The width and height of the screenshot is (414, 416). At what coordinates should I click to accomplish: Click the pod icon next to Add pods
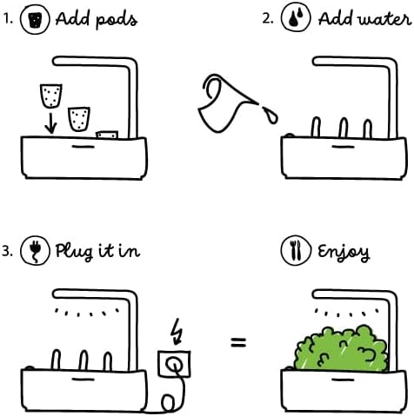click(35, 19)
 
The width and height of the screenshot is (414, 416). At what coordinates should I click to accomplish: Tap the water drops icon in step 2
click(296, 17)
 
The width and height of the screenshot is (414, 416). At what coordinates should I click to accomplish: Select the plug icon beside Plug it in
click(35, 251)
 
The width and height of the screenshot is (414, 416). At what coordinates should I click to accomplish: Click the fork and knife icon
click(296, 250)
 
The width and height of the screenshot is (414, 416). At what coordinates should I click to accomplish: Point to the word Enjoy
click(344, 253)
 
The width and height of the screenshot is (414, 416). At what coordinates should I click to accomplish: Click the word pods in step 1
click(117, 20)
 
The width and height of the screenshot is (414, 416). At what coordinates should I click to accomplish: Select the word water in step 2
click(385, 19)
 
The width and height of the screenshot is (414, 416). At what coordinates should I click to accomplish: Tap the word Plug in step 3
click(75, 252)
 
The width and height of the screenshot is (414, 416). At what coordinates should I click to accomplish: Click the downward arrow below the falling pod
click(51, 123)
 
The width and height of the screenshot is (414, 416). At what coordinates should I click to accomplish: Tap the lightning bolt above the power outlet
click(177, 332)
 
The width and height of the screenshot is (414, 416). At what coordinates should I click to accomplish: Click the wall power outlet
click(174, 364)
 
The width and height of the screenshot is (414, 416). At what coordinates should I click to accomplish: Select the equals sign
click(238, 342)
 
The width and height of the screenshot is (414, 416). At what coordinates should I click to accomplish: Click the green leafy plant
click(341, 348)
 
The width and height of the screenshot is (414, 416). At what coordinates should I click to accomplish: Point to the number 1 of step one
click(8, 19)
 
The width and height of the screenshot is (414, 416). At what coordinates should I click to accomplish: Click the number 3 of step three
click(7, 251)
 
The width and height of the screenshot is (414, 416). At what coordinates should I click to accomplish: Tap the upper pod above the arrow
click(51, 96)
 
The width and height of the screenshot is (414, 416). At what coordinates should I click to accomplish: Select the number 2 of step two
click(267, 18)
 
